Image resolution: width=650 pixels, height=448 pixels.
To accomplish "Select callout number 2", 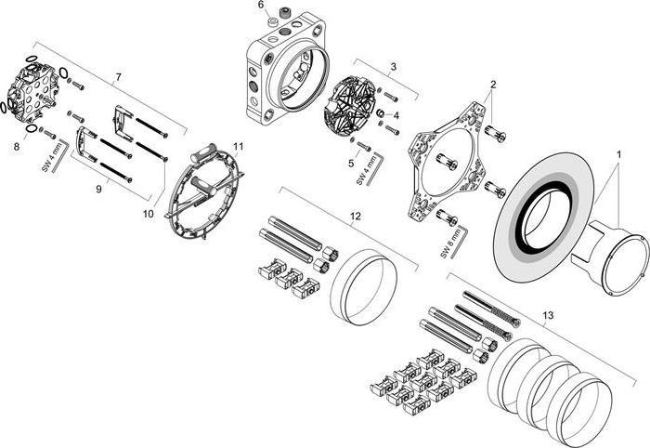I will [493, 85].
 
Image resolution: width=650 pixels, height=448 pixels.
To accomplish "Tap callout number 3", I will [394, 67].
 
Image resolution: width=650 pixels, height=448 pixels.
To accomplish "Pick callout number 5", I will [351, 163].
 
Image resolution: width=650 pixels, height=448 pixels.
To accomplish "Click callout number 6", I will [262, 6].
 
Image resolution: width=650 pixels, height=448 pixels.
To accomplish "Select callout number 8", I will [16, 146].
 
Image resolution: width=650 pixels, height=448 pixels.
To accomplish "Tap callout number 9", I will [98, 190].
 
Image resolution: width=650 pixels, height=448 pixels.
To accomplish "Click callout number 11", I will [239, 147].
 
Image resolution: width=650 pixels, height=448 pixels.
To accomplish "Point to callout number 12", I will [355, 216].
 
